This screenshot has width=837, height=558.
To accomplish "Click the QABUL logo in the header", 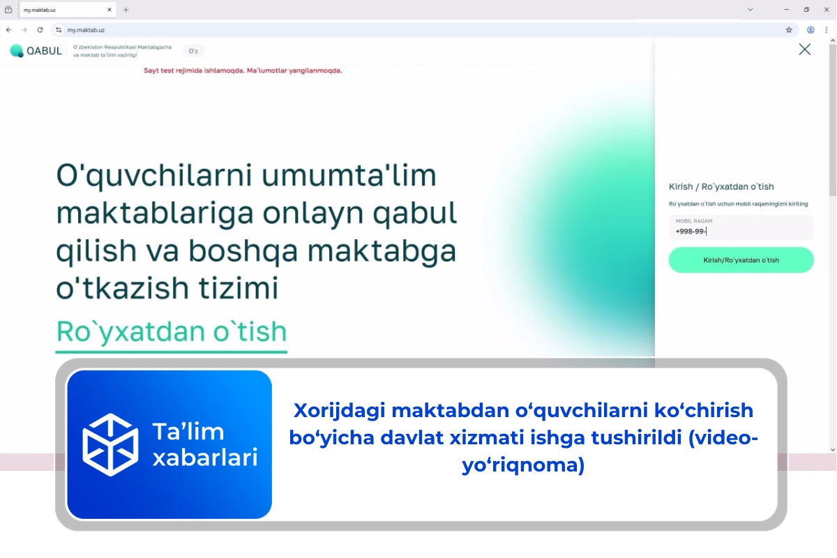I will (x=36, y=51).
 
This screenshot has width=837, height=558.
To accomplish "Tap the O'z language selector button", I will (x=193, y=51).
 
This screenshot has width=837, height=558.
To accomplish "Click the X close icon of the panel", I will (x=804, y=50).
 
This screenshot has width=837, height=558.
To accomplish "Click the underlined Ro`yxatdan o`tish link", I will (x=171, y=331).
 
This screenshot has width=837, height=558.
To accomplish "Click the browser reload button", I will (x=40, y=30).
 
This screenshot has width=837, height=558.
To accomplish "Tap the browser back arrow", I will (x=8, y=30).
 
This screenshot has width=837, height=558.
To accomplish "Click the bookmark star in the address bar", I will (x=789, y=30).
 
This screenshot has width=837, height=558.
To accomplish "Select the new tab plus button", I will (x=126, y=10).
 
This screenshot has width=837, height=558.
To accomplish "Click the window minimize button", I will (x=786, y=10).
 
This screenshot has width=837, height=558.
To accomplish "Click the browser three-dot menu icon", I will (x=827, y=30).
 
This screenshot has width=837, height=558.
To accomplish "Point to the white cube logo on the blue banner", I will (x=110, y=444).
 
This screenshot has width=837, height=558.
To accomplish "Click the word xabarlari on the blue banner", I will (x=205, y=458).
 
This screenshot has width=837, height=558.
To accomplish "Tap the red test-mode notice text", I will (x=242, y=70).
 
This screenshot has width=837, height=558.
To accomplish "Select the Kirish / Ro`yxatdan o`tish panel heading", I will (x=721, y=186).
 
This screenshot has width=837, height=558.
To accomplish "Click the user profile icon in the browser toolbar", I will (x=810, y=30).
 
